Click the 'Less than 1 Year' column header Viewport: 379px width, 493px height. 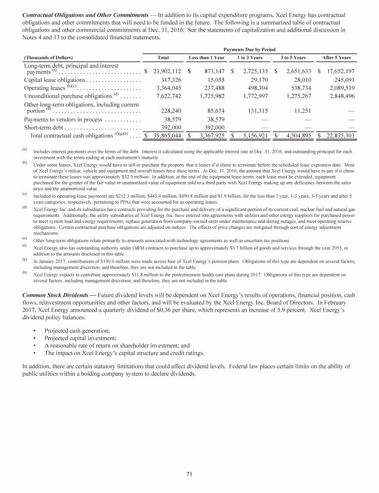coord(207,58)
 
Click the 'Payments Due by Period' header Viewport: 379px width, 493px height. coord(249,49)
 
